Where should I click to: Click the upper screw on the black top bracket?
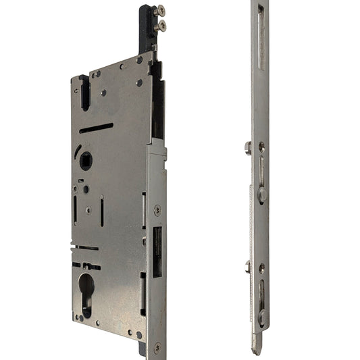(x=159, y=11)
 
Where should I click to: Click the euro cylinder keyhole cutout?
(x=87, y=290)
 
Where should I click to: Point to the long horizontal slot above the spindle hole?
(x=96, y=128)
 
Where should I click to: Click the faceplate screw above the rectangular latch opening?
(x=157, y=210)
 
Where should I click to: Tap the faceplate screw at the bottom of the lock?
(x=157, y=347)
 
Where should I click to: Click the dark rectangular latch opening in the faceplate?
(x=157, y=252)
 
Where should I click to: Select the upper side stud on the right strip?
(x=249, y=147)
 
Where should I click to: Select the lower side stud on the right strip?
(x=249, y=266)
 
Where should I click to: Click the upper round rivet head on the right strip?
(x=262, y=195)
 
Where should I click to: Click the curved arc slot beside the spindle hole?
(x=77, y=153)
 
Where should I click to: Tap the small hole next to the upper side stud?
(x=261, y=147)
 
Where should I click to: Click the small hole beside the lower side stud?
(x=261, y=267)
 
